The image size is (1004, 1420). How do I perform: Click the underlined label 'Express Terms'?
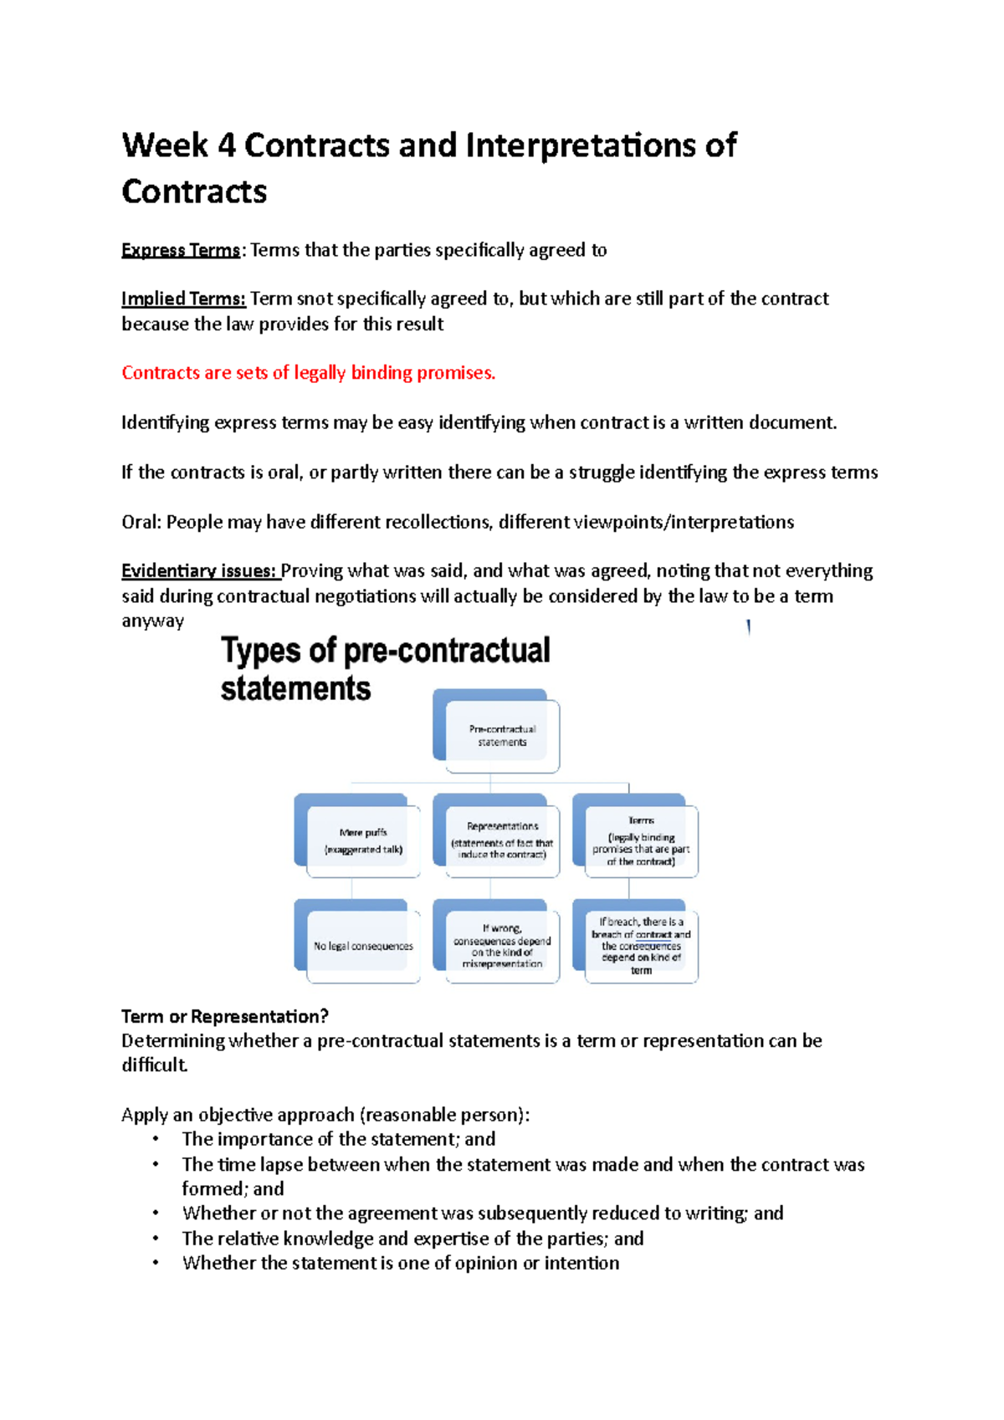pyautogui.click(x=180, y=250)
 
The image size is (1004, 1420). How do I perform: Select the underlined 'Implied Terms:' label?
pyautogui.click(x=183, y=299)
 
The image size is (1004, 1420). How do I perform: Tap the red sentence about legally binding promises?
pyautogui.click(x=309, y=373)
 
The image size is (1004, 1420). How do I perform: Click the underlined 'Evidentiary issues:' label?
pyautogui.click(x=199, y=571)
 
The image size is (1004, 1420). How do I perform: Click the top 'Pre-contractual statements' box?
pyautogui.click(x=502, y=735)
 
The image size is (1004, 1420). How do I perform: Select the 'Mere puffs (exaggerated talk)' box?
pyautogui.click(x=363, y=840)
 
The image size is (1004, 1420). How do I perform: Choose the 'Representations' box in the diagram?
pyautogui.click(x=502, y=840)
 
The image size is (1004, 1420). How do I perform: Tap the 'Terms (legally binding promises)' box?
pyautogui.click(x=641, y=840)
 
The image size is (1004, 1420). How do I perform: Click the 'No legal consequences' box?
pyautogui.click(x=363, y=946)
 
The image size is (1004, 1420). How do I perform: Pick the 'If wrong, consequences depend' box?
pyautogui.click(x=502, y=946)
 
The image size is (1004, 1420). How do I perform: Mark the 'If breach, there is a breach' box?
pyautogui.click(x=641, y=946)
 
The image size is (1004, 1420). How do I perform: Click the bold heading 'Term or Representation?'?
pyautogui.click(x=224, y=1017)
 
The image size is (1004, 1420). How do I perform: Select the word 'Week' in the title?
pyautogui.click(x=165, y=146)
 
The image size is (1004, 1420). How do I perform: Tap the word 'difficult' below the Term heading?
pyautogui.click(x=154, y=1065)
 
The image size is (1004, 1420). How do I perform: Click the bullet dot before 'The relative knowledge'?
pyautogui.click(x=155, y=1238)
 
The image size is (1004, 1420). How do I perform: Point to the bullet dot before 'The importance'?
pyautogui.click(x=155, y=1138)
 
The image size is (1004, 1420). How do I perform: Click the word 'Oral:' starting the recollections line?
pyautogui.click(x=141, y=523)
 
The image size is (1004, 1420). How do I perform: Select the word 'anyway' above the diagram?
pyautogui.click(x=152, y=621)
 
